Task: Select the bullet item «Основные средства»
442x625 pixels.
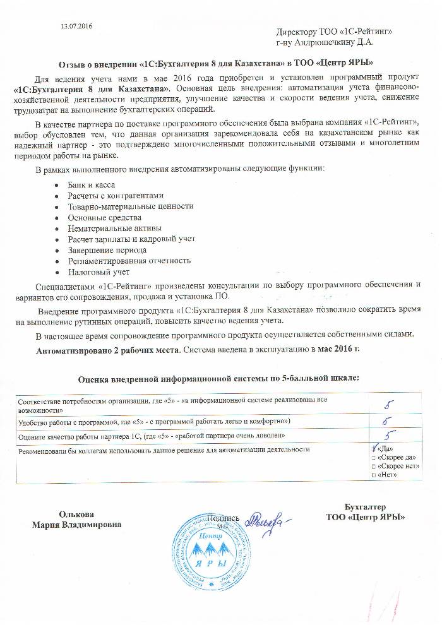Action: (x=100, y=217)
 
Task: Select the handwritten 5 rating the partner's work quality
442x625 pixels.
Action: (x=390, y=435)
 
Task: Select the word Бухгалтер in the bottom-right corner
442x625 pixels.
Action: (x=365, y=507)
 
